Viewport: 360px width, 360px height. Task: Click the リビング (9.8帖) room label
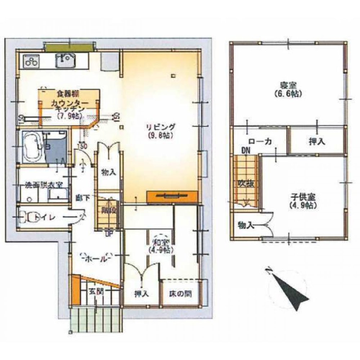click(x=161, y=130)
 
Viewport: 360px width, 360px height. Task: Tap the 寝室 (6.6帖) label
click(x=288, y=90)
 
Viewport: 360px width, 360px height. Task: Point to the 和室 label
click(x=158, y=245)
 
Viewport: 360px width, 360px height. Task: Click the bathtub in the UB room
click(x=33, y=148)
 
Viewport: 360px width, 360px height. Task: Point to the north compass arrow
click(x=292, y=290)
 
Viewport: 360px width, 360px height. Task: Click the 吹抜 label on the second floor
click(x=246, y=183)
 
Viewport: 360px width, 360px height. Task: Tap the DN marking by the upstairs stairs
click(x=246, y=150)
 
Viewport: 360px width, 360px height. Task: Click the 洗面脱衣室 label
click(x=44, y=185)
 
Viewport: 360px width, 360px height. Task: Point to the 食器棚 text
click(x=67, y=94)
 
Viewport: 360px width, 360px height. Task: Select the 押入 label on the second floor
click(x=317, y=141)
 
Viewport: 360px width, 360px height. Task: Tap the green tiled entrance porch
click(x=96, y=320)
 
